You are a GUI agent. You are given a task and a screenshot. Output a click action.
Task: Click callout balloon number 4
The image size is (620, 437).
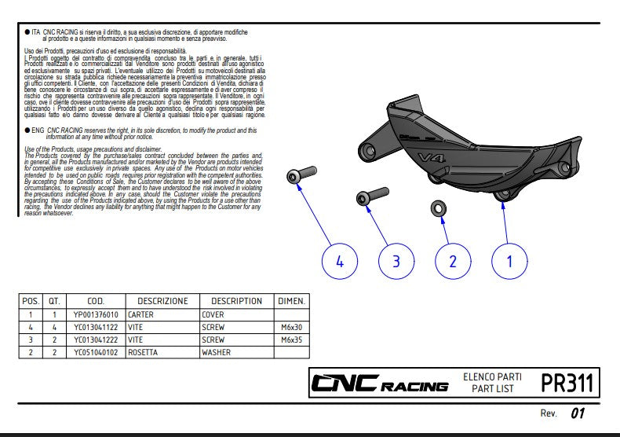[x=340, y=262]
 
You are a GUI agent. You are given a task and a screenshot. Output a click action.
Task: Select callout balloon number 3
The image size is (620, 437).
[x=396, y=262]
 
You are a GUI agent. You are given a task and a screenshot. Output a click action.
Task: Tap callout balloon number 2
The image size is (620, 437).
[x=452, y=262]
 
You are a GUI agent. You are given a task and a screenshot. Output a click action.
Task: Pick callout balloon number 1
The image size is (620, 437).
[x=509, y=262]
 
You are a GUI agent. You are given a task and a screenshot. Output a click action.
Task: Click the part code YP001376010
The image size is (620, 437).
[x=96, y=314]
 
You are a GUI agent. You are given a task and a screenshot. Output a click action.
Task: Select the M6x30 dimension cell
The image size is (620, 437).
[x=292, y=327]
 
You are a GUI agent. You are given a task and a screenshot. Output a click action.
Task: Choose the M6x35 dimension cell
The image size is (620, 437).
[x=292, y=340]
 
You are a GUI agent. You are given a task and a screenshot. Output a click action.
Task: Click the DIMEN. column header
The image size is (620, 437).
[x=292, y=301]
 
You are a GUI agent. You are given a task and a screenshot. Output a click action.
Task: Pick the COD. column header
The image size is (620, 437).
[x=96, y=301]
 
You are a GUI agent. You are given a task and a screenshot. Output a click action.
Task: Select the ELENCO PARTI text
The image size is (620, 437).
[x=492, y=377]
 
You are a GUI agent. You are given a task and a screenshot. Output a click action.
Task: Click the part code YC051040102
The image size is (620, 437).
[x=96, y=352]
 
